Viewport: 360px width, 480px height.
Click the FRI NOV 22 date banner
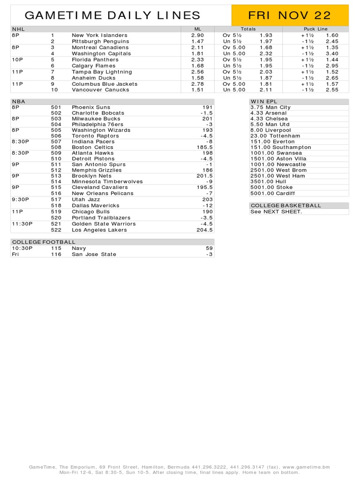[x=290, y=15]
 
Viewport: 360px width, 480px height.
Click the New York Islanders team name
[x=99, y=35]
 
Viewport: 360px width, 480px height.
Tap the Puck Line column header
[x=315, y=29]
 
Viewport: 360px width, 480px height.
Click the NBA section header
[x=19, y=101]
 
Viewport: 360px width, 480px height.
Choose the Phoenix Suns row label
[x=91, y=107]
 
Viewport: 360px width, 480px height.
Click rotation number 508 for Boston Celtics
[x=56, y=147]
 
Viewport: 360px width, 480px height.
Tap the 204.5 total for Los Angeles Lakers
[x=205, y=230]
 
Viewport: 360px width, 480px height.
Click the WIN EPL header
[x=264, y=101]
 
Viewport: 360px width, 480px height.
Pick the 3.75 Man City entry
[x=270, y=107]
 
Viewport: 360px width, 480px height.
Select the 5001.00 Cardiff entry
[x=273, y=193]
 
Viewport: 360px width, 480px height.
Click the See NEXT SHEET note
[x=276, y=211]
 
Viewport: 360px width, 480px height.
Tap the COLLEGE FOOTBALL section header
[x=43, y=242]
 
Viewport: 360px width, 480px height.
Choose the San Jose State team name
[x=94, y=254]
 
